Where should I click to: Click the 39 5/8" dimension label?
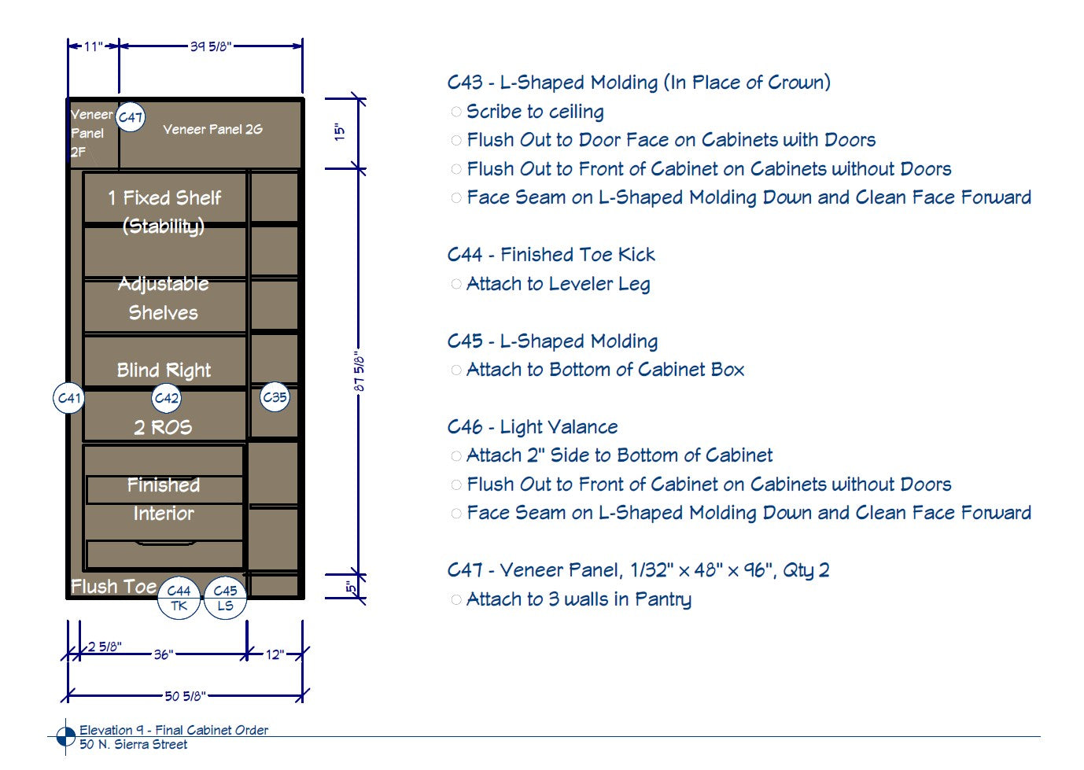pyautogui.click(x=211, y=46)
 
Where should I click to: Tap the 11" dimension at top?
pyautogui.click(x=94, y=46)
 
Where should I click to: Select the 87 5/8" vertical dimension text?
pyautogui.click(x=359, y=371)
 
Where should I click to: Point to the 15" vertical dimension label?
pyautogui.click(x=340, y=131)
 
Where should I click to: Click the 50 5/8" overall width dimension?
pyautogui.click(x=185, y=696)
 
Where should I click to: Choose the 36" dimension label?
pyautogui.click(x=164, y=654)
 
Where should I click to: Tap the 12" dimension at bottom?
pyautogui.click(x=275, y=654)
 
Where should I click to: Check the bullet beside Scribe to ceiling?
pyautogui.click(x=455, y=112)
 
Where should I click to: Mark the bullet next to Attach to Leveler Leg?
pyautogui.click(x=455, y=284)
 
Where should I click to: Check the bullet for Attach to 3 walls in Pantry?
pyautogui.click(x=455, y=599)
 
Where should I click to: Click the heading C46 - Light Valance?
pyautogui.click(x=533, y=427)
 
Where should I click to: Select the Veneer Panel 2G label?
pyautogui.click(x=212, y=129)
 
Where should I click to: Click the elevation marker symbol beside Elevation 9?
pyautogui.click(x=66, y=737)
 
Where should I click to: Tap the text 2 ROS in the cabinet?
pyautogui.click(x=163, y=427)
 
